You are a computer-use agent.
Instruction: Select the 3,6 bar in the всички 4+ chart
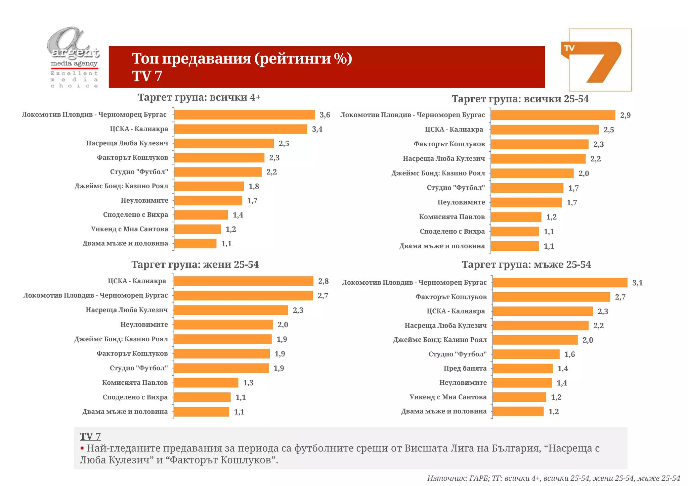(244, 115)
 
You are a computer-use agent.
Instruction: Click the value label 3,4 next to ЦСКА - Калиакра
(317, 129)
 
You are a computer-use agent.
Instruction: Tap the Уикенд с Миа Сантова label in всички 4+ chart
(129, 229)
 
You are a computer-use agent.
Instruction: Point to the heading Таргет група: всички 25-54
(520, 99)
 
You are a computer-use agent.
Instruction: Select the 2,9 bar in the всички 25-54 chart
(553, 115)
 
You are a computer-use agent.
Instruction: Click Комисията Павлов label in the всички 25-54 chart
(452, 217)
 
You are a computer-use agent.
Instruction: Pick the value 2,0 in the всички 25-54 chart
(584, 174)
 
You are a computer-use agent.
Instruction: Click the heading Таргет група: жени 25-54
(195, 264)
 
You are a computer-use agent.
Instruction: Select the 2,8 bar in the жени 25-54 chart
(244, 281)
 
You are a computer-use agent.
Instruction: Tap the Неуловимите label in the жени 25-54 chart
(144, 325)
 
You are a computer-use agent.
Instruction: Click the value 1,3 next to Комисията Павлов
(248, 383)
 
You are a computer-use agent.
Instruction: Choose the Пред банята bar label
(465, 369)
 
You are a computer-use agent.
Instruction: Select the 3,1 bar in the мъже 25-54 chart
(560, 283)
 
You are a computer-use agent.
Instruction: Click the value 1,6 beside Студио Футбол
(569, 354)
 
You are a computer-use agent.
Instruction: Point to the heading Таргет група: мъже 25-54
(526, 264)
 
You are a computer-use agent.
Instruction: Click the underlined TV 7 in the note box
(90, 436)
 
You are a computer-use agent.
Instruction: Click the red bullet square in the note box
(82, 448)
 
